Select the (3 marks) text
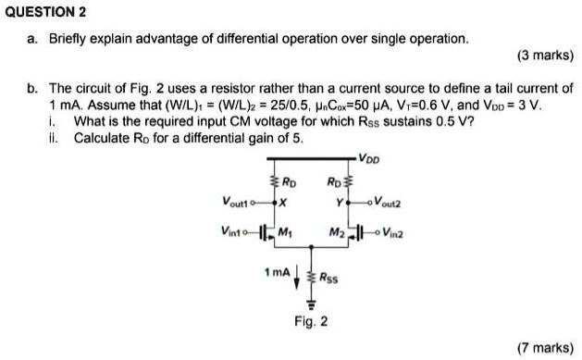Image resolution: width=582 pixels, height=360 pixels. tap(546, 56)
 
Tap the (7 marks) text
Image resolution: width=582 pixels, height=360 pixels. tap(546, 347)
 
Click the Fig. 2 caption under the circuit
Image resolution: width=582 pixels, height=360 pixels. tap(310, 322)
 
